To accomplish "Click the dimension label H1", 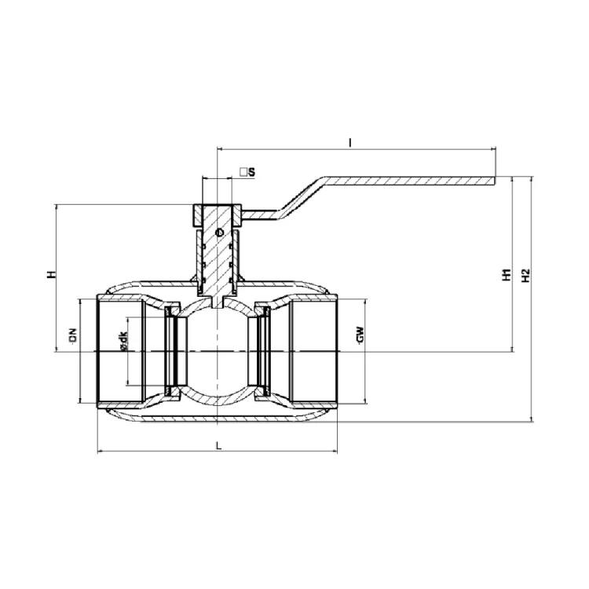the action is (x=507, y=275).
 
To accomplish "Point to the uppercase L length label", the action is (x=219, y=446).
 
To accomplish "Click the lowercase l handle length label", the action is (x=349, y=142).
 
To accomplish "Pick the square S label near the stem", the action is (x=248, y=172).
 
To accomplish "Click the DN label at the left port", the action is (x=73, y=335).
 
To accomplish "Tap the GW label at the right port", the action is (x=360, y=335).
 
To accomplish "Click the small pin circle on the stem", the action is (x=219, y=233).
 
